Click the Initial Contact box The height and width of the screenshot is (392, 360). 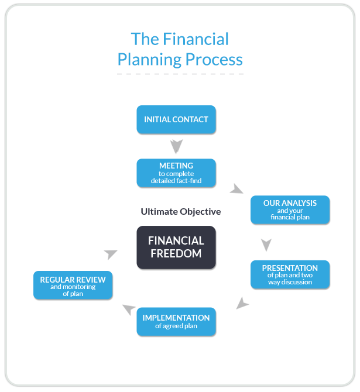[x=176, y=119]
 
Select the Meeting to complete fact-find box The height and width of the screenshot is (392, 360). [x=176, y=173]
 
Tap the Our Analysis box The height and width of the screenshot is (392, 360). [x=290, y=210]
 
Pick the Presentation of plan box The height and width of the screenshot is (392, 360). [x=290, y=274]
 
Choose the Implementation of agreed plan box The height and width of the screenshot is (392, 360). [x=176, y=322]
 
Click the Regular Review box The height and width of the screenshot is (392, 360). [x=73, y=286]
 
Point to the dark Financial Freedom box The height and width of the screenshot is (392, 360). [x=176, y=247]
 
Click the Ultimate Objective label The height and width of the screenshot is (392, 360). [x=181, y=211]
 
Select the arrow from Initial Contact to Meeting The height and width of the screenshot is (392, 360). [x=176, y=146]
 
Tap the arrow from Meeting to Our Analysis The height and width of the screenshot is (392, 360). [x=236, y=190]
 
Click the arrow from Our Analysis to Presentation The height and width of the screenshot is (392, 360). [x=266, y=245]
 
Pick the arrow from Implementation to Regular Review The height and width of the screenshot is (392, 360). [x=128, y=310]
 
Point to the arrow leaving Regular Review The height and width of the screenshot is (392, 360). [x=110, y=254]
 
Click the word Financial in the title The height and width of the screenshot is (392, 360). [x=196, y=39]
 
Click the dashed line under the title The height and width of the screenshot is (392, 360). [x=180, y=74]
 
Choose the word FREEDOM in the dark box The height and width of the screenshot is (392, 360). [x=176, y=254]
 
